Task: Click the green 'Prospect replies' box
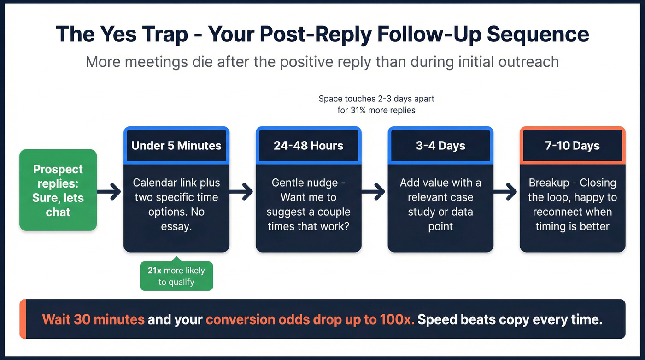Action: pos(58,190)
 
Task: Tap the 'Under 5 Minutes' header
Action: pos(176,146)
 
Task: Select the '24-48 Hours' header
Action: pos(308,146)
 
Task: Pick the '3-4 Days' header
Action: pos(440,146)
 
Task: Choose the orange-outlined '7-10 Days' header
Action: pos(573,146)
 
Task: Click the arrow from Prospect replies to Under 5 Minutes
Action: pos(110,191)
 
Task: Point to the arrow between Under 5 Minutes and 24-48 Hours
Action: pos(242,191)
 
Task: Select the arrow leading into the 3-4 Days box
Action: pos(374,191)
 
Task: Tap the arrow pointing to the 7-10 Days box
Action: pos(506,191)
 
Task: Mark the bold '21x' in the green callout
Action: pos(154,271)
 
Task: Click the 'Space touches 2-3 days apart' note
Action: pos(376,99)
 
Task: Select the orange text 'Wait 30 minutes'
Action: pos(93,319)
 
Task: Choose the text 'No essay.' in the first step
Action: pos(176,219)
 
